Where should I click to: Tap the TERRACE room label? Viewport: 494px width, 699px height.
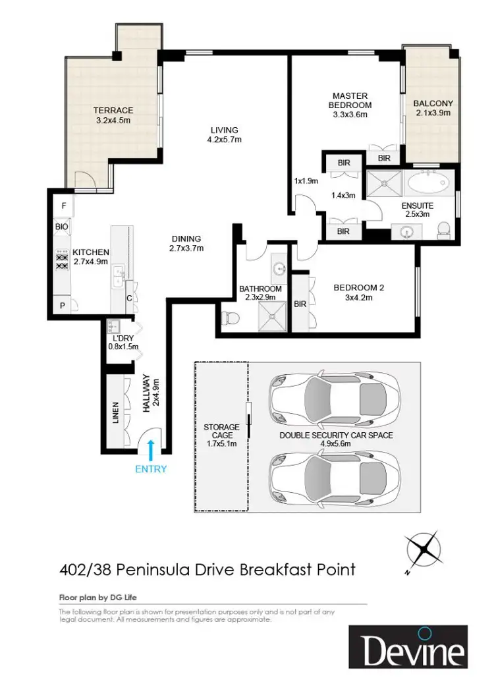click(113, 110)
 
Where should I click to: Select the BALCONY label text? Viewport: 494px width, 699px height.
click(433, 103)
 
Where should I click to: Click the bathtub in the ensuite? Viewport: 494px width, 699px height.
click(427, 181)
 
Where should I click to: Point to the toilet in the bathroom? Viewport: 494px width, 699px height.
click(230, 318)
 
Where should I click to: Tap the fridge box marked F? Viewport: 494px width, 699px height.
click(63, 206)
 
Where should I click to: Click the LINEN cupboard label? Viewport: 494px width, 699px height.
click(115, 412)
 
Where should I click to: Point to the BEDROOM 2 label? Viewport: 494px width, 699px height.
click(358, 288)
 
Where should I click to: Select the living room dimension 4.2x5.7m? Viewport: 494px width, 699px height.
click(224, 140)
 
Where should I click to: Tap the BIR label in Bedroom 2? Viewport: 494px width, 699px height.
click(300, 304)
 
